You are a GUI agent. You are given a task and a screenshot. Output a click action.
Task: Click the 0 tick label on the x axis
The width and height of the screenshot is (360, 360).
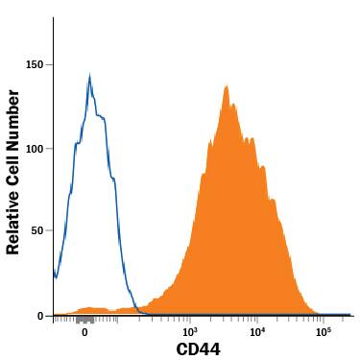pos(85,331)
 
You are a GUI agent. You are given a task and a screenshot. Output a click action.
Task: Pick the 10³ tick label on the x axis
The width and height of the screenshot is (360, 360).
pos(189,331)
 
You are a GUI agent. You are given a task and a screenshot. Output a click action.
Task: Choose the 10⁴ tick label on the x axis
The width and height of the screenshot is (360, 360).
pos(256,331)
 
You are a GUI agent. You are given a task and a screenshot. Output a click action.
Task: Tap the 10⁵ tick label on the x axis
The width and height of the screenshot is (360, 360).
pos(324,331)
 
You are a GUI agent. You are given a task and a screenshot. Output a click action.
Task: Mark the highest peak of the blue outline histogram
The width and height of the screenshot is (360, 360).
pos(89,76)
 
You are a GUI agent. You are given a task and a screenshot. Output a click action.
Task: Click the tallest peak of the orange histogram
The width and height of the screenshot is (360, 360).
pos(226,87)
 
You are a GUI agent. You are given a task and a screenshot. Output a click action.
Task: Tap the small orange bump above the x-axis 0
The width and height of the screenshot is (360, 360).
pos(86,309)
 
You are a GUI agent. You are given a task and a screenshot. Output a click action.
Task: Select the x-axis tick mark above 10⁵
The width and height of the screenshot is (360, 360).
pos(324,319)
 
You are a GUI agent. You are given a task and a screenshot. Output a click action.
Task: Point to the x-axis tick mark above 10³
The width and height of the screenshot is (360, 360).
pos(189,319)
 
